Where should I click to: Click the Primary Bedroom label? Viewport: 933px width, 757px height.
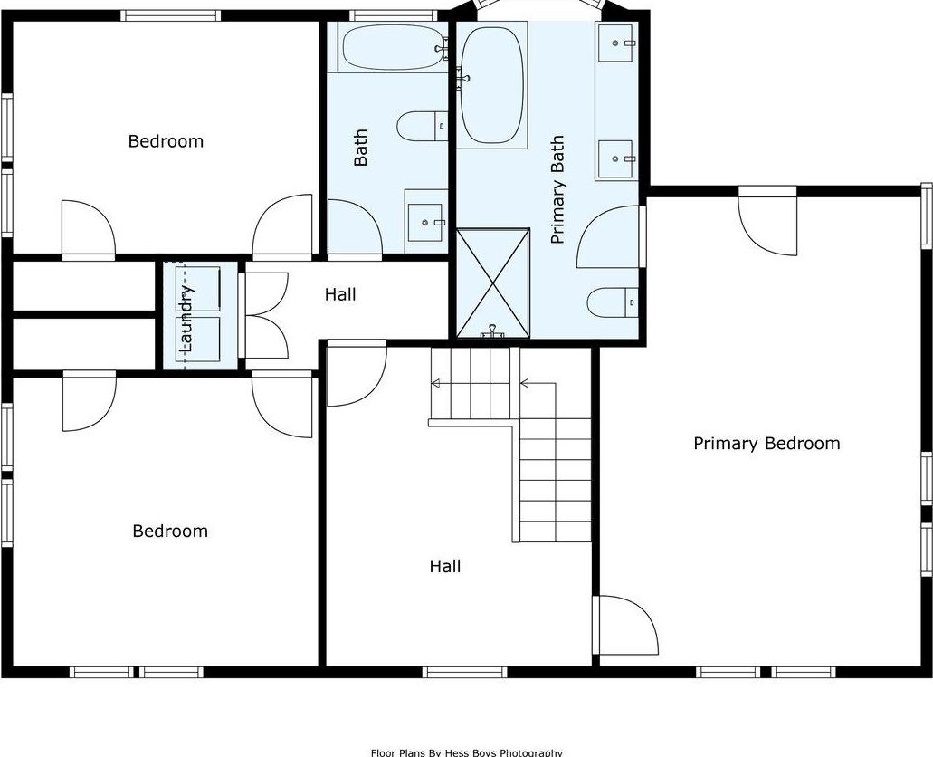(766, 444)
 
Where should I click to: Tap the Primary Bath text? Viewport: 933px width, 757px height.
(557, 190)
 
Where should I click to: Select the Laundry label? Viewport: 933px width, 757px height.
(187, 318)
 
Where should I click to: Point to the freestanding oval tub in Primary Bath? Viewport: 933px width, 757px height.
(491, 85)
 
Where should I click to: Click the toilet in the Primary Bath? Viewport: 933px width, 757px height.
(612, 302)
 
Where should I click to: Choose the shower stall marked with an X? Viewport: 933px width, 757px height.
(492, 283)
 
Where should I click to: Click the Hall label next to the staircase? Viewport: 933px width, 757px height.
(444, 567)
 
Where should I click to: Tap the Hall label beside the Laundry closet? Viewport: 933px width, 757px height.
(340, 294)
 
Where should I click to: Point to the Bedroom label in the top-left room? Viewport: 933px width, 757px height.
(166, 141)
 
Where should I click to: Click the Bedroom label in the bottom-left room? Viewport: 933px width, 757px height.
(170, 532)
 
